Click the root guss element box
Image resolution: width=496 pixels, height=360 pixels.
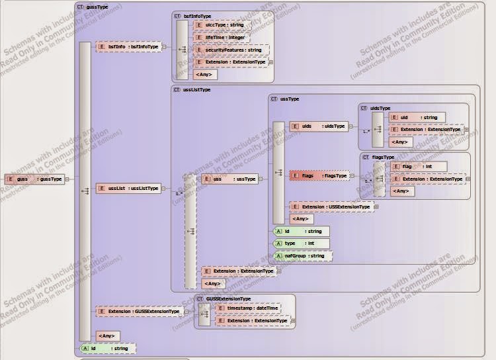coord(35,179)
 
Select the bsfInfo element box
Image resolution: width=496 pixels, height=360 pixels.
coord(129,47)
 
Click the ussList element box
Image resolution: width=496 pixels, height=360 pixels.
coord(129,189)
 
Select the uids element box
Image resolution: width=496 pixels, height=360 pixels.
coord(319,126)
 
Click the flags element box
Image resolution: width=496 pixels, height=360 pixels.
coord(319,176)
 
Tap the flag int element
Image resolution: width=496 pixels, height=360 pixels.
coord(418,167)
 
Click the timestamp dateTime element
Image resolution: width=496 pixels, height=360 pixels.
coord(248,308)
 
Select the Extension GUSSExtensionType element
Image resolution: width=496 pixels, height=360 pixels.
coord(138,311)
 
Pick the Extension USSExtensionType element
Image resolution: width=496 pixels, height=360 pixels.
coord(331,207)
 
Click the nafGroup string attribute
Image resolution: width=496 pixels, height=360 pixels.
coord(303,255)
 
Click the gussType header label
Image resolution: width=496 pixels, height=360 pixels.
coord(97,7)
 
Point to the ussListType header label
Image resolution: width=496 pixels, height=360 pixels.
coord(196,89)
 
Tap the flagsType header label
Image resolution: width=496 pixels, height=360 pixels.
coord(383,157)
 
